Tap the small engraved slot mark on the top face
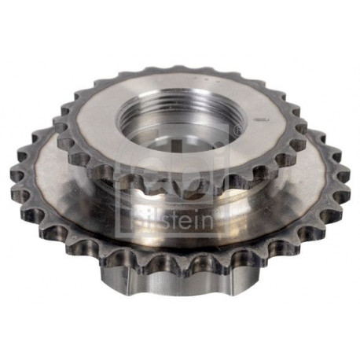[x=261, y=119]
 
